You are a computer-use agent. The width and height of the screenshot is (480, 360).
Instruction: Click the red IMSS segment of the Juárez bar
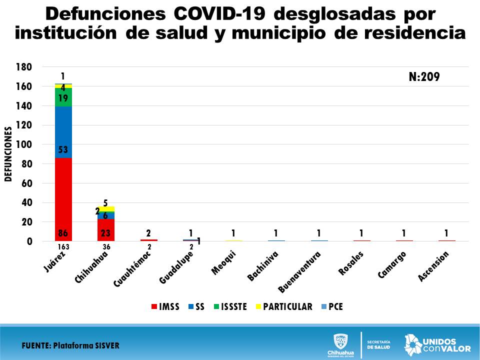point(63,200)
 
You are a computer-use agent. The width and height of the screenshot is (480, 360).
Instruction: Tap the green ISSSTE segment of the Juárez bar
point(63,97)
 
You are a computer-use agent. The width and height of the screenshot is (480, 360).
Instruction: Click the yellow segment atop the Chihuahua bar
point(105,208)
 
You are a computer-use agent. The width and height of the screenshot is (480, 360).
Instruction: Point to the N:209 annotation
point(424,77)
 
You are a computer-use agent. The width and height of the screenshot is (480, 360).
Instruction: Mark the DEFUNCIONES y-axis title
point(8,154)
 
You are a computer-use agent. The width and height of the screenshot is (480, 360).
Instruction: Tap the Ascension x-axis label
point(434,265)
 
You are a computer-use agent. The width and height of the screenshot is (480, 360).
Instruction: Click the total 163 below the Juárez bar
point(63,246)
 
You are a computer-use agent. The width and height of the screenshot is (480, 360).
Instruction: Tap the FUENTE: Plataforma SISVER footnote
point(70,345)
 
